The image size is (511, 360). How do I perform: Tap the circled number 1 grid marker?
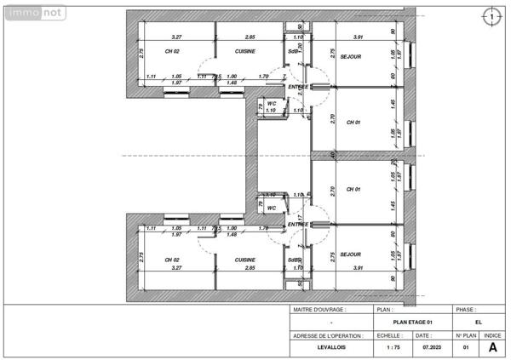click(492, 15)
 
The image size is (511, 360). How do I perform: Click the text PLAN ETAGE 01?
click(412, 323)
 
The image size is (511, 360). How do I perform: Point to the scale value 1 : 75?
click(393, 348)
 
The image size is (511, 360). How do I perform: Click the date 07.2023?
click(432, 348)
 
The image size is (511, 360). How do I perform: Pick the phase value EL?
click(478, 323)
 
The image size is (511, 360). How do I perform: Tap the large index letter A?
click(492, 347)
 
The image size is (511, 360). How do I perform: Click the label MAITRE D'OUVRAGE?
click(315, 311)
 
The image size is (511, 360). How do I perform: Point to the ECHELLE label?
click(389, 336)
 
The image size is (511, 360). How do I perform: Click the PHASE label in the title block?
click(466, 311)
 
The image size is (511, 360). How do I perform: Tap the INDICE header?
click(492, 336)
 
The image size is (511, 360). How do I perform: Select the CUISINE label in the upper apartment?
click(245, 51)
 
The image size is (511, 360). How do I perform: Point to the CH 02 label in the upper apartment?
click(172, 51)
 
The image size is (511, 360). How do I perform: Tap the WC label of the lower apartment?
click(272, 208)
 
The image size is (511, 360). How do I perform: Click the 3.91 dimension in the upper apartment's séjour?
click(358, 37)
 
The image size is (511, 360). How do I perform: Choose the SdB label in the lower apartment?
click(293, 260)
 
